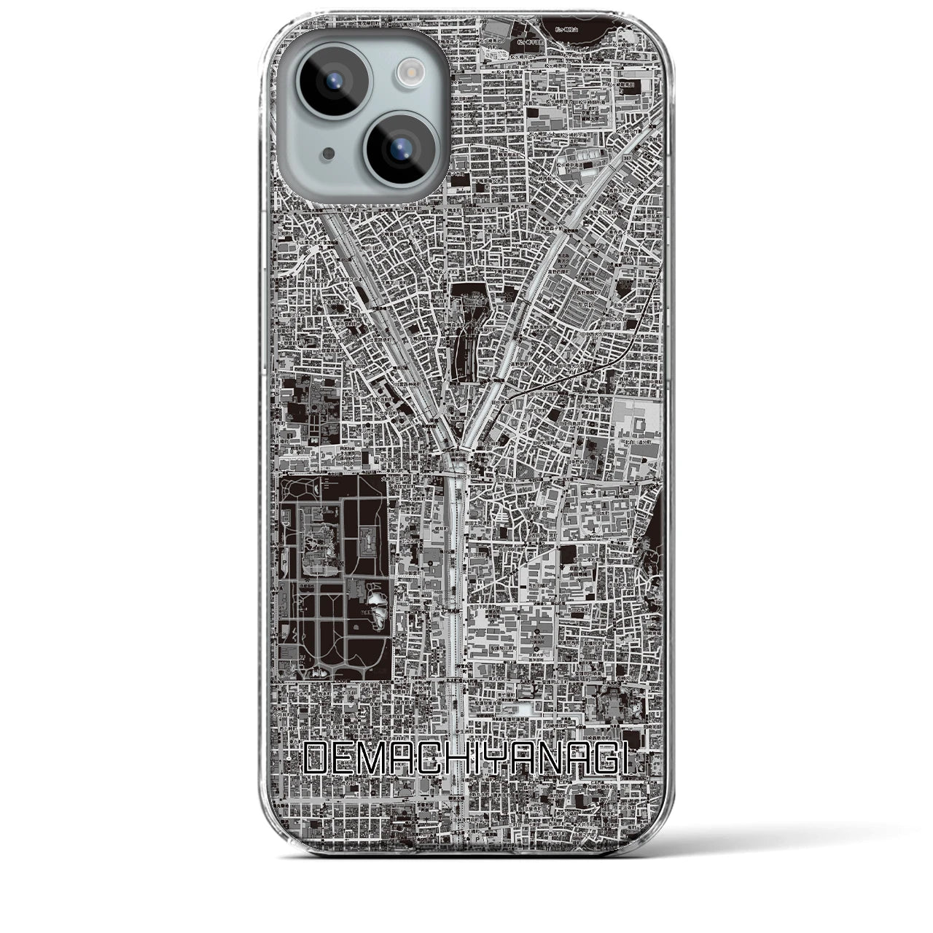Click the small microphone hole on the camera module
tap(310, 154)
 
